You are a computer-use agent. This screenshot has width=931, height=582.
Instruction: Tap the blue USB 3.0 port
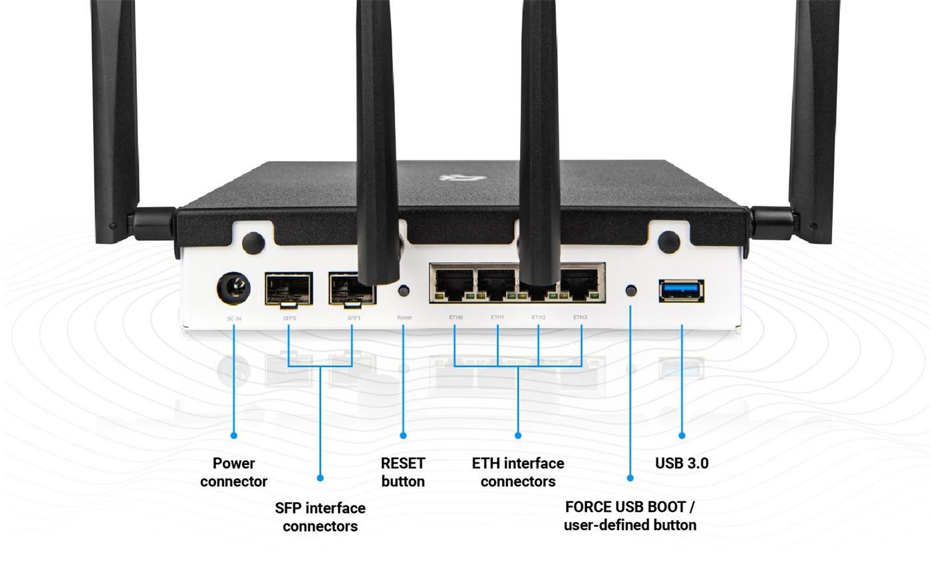click(x=682, y=290)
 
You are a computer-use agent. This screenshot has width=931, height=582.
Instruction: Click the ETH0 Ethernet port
click(x=453, y=284)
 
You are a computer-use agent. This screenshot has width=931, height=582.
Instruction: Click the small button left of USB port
click(x=632, y=290)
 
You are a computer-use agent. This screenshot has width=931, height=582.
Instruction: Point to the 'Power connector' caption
click(x=233, y=472)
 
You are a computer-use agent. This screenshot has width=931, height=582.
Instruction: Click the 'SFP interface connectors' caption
click(x=320, y=517)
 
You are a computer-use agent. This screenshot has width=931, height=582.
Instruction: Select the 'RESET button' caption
click(x=403, y=472)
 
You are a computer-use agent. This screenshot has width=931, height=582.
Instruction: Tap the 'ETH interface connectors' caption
click(x=518, y=472)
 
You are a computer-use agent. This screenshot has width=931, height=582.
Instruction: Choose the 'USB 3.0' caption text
click(x=682, y=464)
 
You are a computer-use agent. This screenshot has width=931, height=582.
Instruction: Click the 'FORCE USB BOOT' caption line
click(x=630, y=507)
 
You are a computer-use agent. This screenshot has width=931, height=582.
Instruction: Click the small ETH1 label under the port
click(x=497, y=318)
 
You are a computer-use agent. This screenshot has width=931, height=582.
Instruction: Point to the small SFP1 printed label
click(x=354, y=319)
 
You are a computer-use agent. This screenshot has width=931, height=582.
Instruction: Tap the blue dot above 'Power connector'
click(x=233, y=436)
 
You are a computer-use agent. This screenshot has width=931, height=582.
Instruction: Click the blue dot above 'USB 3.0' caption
click(x=682, y=436)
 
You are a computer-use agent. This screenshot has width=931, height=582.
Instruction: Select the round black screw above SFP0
click(x=253, y=242)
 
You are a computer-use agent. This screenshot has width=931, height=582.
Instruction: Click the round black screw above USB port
click(x=668, y=241)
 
